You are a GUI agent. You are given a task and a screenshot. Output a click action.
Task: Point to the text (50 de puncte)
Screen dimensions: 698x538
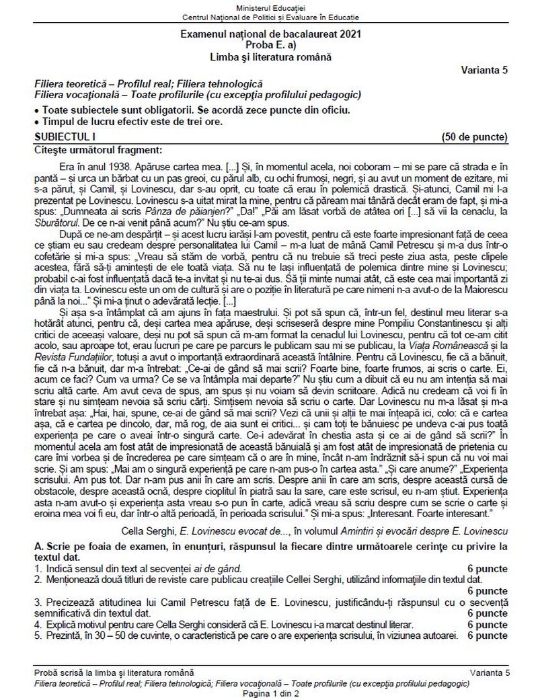(x=475, y=137)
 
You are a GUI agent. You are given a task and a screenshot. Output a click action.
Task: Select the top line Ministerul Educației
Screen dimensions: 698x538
(x=269, y=6)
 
